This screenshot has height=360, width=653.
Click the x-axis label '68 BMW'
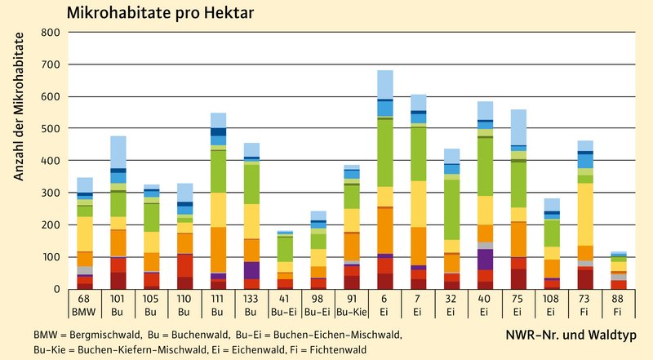(85, 306)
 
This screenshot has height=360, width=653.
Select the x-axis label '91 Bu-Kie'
(329, 306)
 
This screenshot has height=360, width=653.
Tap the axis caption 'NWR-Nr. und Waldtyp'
(580, 335)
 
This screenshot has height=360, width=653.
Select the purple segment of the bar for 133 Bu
(251, 270)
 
